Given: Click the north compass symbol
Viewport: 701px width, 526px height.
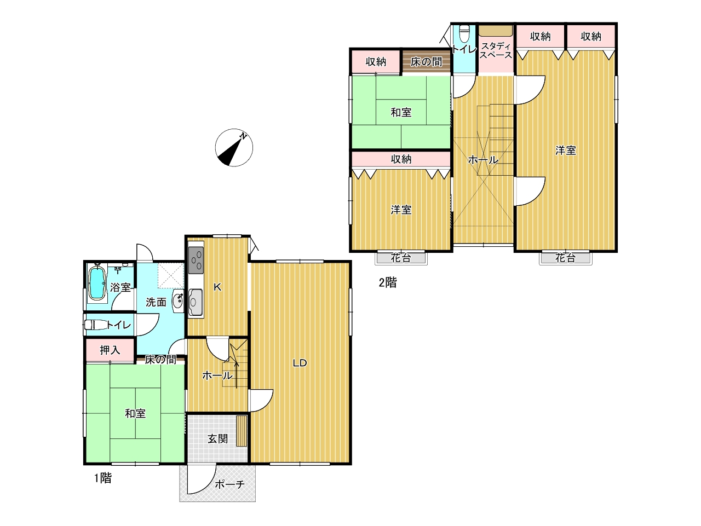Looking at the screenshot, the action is (234, 148).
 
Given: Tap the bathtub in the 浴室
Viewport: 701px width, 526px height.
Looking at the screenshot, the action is (97, 283).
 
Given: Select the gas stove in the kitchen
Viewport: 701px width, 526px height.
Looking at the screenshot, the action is (196, 260).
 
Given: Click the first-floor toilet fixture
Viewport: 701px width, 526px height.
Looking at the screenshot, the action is (96, 325).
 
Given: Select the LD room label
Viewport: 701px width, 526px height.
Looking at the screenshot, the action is (300, 363).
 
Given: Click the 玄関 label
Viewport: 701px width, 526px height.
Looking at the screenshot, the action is (217, 439).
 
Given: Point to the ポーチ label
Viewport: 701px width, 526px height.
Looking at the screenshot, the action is (229, 484).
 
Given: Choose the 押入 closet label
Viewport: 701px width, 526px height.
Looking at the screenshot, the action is (110, 350).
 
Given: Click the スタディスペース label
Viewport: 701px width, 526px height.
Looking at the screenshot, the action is (496, 50).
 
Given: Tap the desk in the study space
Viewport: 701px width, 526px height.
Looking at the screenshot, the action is (496, 31).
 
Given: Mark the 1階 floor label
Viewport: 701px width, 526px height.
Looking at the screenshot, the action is (103, 478).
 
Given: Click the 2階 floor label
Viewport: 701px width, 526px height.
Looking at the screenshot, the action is (388, 282).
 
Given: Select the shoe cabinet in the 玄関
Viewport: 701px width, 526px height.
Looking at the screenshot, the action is (242, 431).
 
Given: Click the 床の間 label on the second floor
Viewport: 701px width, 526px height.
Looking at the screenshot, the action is (426, 62).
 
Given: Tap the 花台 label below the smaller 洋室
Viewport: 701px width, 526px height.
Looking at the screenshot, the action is (401, 258).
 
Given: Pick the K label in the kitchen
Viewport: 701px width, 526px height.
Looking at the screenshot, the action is (217, 287).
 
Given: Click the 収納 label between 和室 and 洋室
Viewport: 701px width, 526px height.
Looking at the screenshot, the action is (401, 159).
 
